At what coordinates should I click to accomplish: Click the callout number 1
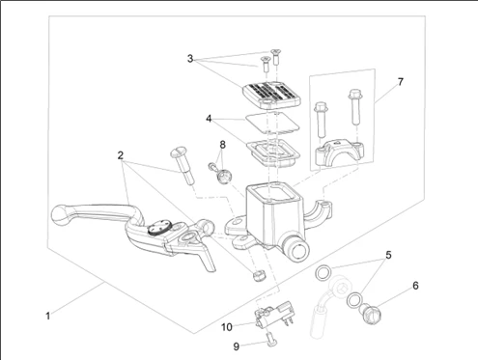[48, 316]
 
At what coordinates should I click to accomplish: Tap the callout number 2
[121, 155]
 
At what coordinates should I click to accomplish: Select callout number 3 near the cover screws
[190, 59]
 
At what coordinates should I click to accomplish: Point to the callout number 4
[209, 119]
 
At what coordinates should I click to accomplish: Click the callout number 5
[388, 255]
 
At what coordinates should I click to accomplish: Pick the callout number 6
[415, 286]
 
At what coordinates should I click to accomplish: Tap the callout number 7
[400, 82]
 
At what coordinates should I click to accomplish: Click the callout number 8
[222, 145]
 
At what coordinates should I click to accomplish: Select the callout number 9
[237, 346]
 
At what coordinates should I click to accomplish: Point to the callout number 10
[227, 327]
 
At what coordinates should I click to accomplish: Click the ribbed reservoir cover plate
[271, 95]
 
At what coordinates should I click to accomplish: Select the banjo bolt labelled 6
[372, 314]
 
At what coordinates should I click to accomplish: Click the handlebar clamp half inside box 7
[340, 152]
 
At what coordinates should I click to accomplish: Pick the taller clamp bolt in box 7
[354, 107]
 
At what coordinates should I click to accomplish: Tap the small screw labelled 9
[270, 340]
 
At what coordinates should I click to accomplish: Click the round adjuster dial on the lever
[159, 228]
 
